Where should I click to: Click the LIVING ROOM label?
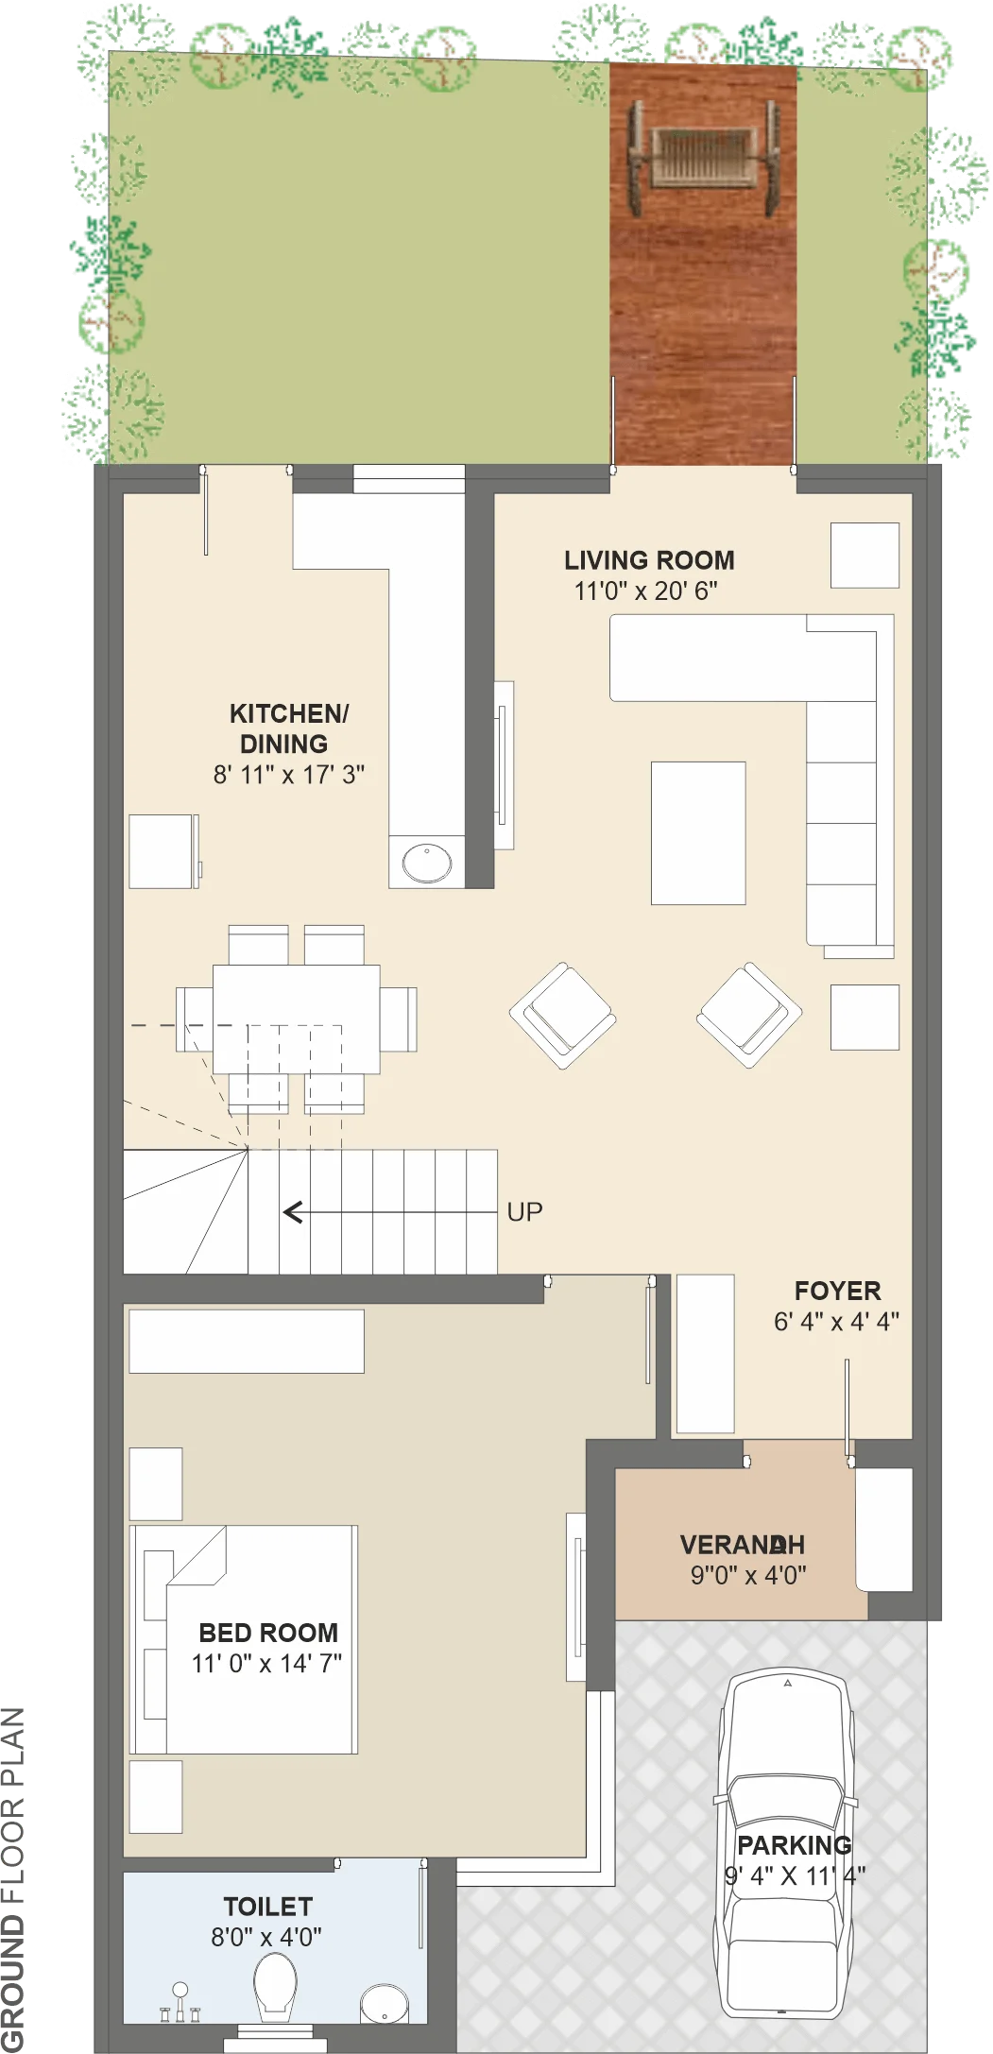649,560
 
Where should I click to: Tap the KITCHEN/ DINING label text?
287,728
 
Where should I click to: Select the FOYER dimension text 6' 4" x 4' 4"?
836,1322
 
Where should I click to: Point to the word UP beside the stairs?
524,1212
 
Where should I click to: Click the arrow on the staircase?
390,1211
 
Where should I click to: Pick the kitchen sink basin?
427,862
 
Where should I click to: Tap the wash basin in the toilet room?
385,2003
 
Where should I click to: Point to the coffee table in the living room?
698,833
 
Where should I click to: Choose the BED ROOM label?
268,1633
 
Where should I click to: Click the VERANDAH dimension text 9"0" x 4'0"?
748,1575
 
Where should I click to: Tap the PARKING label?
795,1845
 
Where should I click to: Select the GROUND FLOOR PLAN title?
13,1879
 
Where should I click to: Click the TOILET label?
267,1907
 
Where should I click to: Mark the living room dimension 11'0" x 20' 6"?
646,591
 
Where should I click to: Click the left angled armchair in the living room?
563,1016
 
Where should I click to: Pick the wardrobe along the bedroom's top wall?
247,1341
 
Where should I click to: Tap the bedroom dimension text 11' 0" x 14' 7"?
267,1664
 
